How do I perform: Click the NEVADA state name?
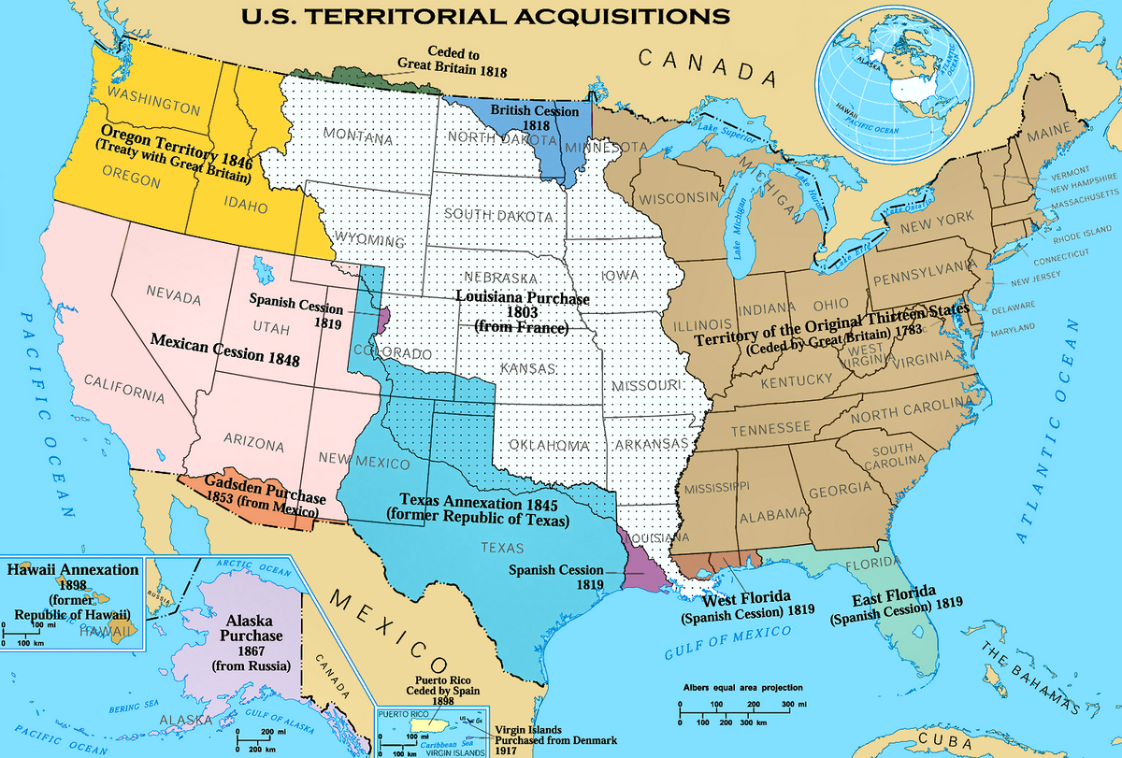tap(174, 298)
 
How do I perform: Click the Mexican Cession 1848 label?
tap(224, 348)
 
